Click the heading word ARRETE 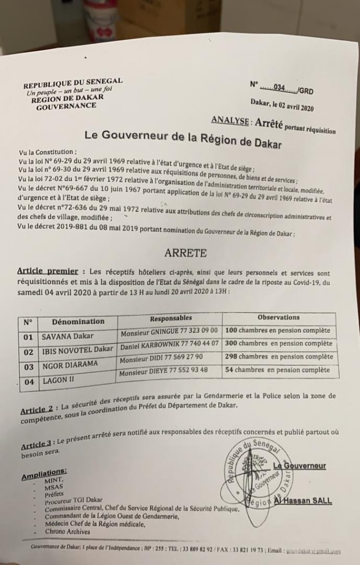[x=186, y=253]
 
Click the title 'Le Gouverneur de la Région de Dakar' [x=183, y=138]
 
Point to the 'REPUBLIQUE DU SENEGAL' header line [x=73, y=84]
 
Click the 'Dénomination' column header [x=78, y=321]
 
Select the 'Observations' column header [x=278, y=318]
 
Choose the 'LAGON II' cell [x=58, y=380]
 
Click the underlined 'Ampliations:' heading [x=45, y=473]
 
